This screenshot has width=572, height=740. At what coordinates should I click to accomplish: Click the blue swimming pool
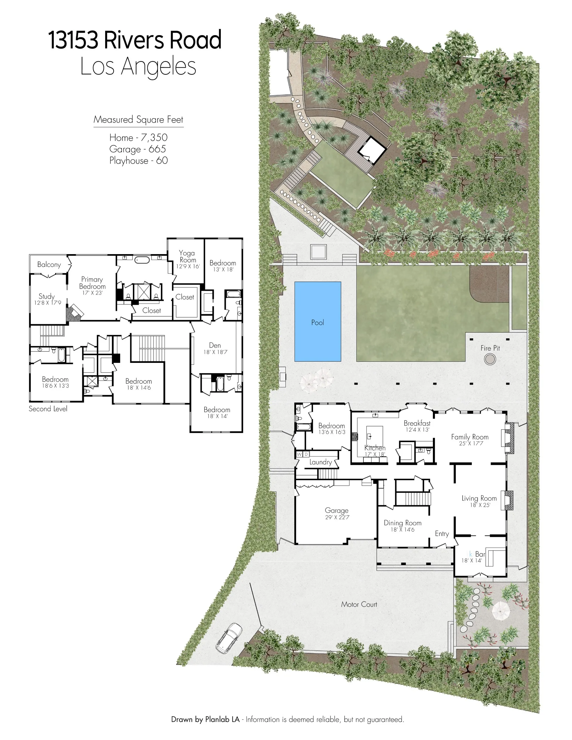tap(318, 321)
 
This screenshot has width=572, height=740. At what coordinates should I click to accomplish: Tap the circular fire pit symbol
tap(490, 359)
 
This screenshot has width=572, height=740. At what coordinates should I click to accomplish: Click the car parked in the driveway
tap(229, 638)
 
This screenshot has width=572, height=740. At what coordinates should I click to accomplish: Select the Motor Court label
tap(359, 604)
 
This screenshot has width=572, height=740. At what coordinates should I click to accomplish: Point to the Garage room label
tap(336, 510)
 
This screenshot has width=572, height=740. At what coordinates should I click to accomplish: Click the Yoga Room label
tap(187, 256)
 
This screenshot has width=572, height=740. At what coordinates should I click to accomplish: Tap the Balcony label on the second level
tap(49, 265)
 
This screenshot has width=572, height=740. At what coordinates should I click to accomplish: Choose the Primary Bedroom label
tap(92, 283)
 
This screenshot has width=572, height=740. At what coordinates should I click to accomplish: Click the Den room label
tap(215, 345)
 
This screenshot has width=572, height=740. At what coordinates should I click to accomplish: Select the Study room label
tap(46, 296)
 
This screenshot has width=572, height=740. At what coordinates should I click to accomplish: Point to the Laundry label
tap(320, 462)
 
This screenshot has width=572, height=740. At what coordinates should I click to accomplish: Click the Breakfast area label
tap(417, 423)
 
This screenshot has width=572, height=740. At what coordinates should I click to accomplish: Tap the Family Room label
tap(470, 437)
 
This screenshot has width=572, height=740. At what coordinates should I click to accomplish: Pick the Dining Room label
tap(402, 523)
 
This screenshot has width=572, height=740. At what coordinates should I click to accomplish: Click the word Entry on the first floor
tap(442, 534)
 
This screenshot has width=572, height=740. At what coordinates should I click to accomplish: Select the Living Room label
tap(479, 498)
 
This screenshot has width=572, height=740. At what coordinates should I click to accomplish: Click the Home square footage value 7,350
tap(154, 138)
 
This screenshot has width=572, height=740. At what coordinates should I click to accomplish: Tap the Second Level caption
tap(48, 409)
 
